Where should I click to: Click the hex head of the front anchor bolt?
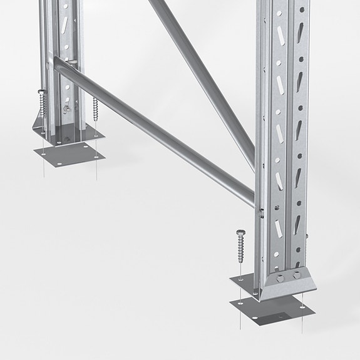(240, 234)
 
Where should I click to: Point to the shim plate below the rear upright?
(69, 153)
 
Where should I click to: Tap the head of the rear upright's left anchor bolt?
(41, 93)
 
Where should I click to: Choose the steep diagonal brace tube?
(200, 75)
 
